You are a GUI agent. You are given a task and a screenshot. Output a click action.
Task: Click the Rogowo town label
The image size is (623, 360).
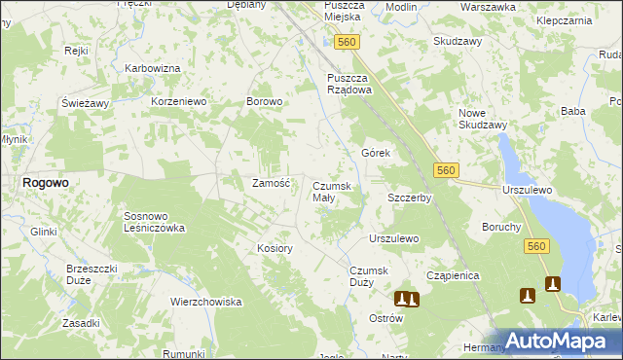click(x=45, y=182)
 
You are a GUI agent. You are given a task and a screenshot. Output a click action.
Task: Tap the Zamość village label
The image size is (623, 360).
click(x=272, y=183)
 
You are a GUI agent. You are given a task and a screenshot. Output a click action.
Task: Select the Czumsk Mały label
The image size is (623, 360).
click(x=337, y=192)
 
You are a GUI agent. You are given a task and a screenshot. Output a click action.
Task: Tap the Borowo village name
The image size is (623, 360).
click(x=265, y=101)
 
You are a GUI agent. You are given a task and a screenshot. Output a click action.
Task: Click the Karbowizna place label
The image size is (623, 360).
click(x=153, y=68)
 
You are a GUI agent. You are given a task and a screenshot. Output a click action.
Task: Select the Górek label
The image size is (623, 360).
click(x=376, y=154)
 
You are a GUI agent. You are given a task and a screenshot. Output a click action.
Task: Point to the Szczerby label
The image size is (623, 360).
click(x=410, y=198)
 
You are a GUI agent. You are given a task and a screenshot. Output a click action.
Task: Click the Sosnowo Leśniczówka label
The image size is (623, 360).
click(x=154, y=222)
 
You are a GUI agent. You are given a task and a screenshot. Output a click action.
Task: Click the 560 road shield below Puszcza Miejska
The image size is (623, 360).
click(x=346, y=42)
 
